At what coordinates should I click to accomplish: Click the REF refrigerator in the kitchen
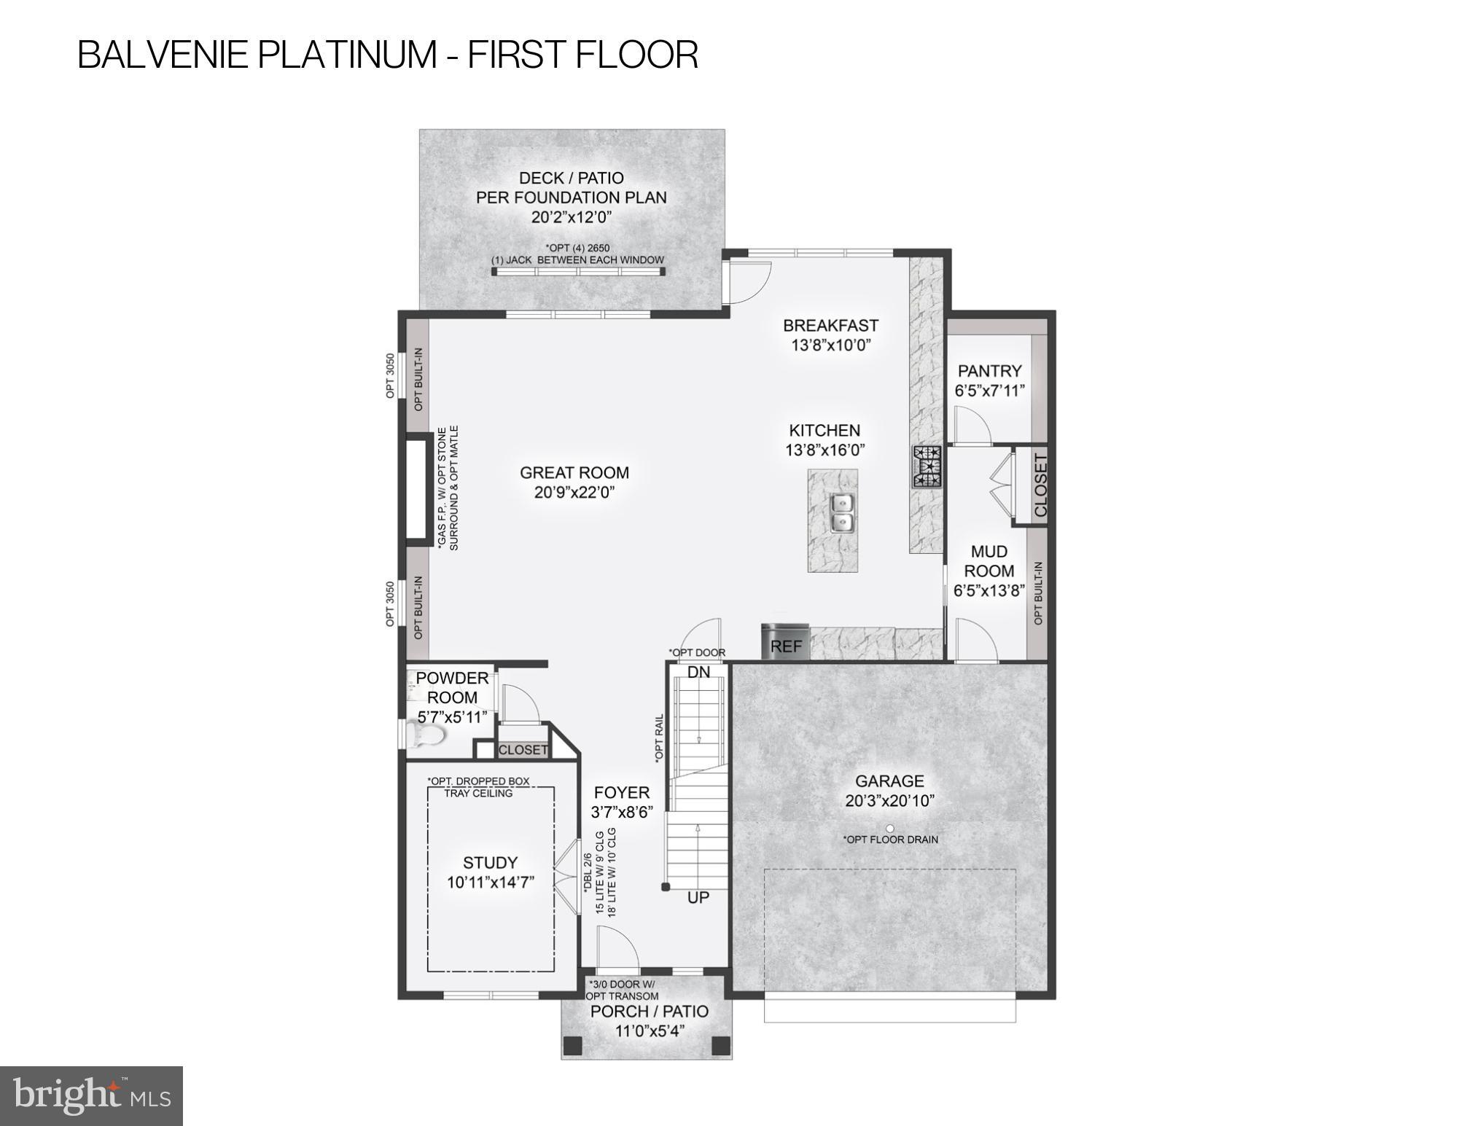(785, 643)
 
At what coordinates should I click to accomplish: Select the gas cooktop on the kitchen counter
(926, 467)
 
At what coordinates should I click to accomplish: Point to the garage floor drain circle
(889, 829)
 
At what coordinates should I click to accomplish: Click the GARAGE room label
(889, 781)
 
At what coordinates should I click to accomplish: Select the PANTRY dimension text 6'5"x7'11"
(989, 391)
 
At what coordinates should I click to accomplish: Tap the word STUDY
(490, 862)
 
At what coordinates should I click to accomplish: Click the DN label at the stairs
(698, 672)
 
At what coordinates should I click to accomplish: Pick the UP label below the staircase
(698, 898)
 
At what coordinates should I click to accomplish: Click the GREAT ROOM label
(574, 472)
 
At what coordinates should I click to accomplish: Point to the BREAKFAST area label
(830, 325)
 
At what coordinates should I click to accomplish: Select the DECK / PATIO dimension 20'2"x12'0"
(571, 216)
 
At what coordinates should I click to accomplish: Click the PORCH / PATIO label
(649, 1012)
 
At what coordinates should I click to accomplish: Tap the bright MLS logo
(91, 1095)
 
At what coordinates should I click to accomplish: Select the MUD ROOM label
(989, 561)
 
